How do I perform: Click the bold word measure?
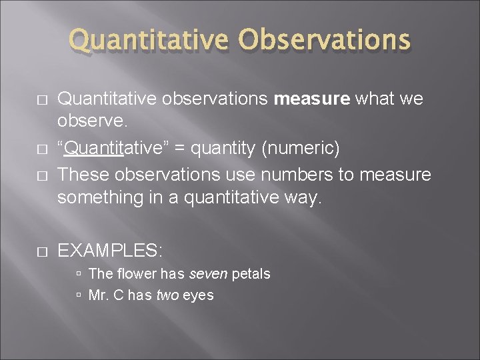coord(312,99)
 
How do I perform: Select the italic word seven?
coord(207,273)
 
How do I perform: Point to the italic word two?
coord(167,295)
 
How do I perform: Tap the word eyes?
coord(197,295)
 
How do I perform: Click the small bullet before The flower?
coord(79,274)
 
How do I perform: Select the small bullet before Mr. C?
coord(79,295)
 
